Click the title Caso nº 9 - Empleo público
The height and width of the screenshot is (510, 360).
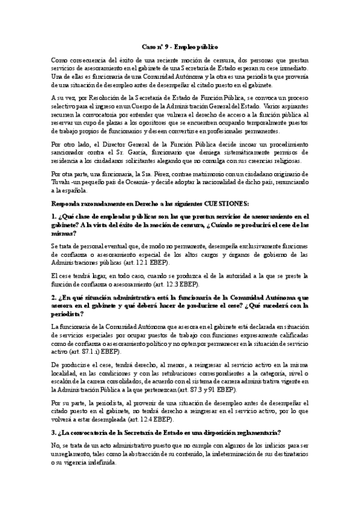180,46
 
